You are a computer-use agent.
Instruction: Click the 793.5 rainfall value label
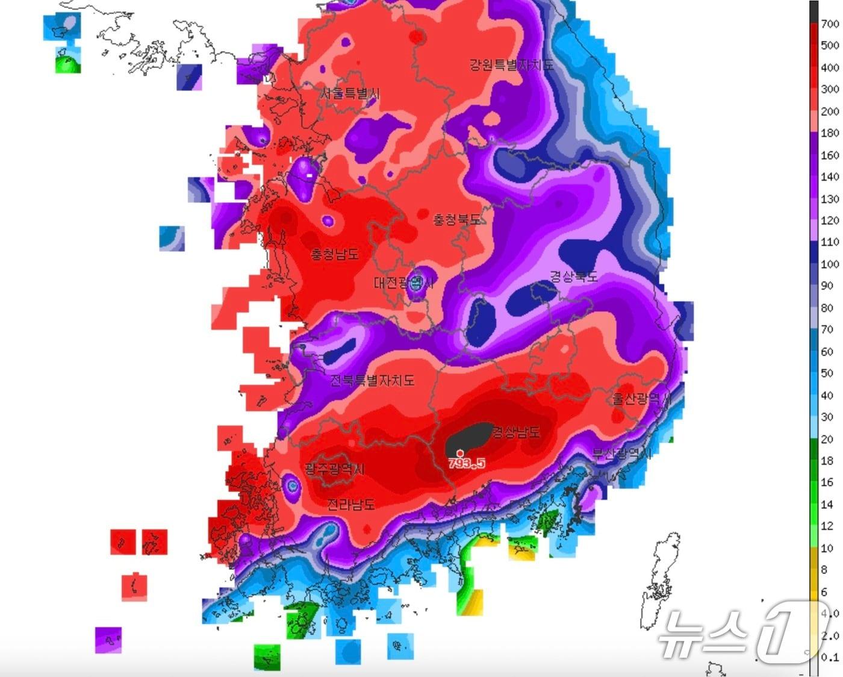[467, 463]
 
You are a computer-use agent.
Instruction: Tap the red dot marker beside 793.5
[461, 453]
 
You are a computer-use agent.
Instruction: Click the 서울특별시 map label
[350, 93]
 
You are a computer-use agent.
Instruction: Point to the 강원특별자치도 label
[511, 64]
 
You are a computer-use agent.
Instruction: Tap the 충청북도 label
[458, 219]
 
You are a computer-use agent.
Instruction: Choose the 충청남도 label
[335, 254]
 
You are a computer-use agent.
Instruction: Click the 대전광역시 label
[403, 282]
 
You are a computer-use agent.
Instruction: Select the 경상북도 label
[573, 276]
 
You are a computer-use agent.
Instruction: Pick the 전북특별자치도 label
[373, 380]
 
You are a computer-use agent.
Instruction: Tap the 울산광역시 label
[641, 399]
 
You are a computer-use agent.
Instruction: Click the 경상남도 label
[516, 431]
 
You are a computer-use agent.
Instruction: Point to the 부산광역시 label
[622, 453]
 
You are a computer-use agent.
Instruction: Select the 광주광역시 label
[335, 469]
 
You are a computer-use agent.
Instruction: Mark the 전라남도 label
[351, 504]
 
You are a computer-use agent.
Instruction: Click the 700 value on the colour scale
[830, 24]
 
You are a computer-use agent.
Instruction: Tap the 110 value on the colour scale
[830, 242]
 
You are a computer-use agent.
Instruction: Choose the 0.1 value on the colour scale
[830, 658]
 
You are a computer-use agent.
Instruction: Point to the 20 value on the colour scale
[827, 439]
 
